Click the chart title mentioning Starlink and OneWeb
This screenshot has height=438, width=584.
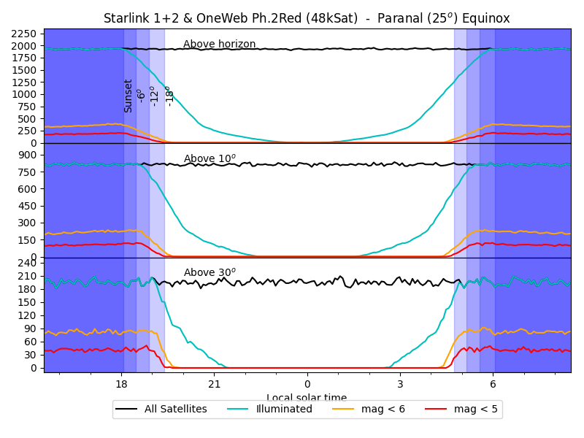point(307,18)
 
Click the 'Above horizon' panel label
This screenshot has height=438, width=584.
point(219,45)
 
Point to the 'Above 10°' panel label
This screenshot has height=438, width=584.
point(210,158)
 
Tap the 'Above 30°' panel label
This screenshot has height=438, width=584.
point(210,273)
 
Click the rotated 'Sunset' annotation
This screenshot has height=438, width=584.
point(128,96)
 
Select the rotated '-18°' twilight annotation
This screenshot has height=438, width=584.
point(169,96)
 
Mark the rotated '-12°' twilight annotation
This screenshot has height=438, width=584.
point(153,96)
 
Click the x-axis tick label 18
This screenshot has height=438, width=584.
point(121,385)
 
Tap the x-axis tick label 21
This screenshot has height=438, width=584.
point(214,385)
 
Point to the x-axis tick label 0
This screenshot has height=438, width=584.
point(307,385)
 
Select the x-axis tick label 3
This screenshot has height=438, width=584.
point(400,385)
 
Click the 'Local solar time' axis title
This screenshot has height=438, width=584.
point(307,398)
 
